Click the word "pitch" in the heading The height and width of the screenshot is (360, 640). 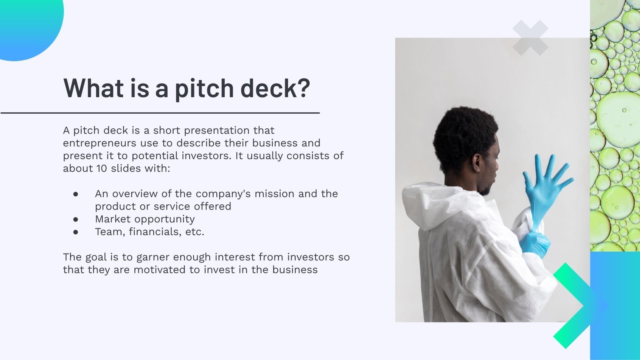click(204, 88)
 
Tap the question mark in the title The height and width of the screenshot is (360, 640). click(302, 87)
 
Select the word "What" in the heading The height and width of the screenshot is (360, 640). click(94, 88)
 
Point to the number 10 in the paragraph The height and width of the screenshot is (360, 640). click(102, 168)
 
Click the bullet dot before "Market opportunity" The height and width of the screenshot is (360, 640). click(76, 220)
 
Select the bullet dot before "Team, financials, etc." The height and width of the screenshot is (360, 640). click(76, 232)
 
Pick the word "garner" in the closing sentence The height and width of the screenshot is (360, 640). click(153, 257)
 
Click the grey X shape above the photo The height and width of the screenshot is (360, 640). click(530, 38)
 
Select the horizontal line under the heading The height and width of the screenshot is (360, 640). click(160, 113)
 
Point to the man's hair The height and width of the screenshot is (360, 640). click(464, 137)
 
